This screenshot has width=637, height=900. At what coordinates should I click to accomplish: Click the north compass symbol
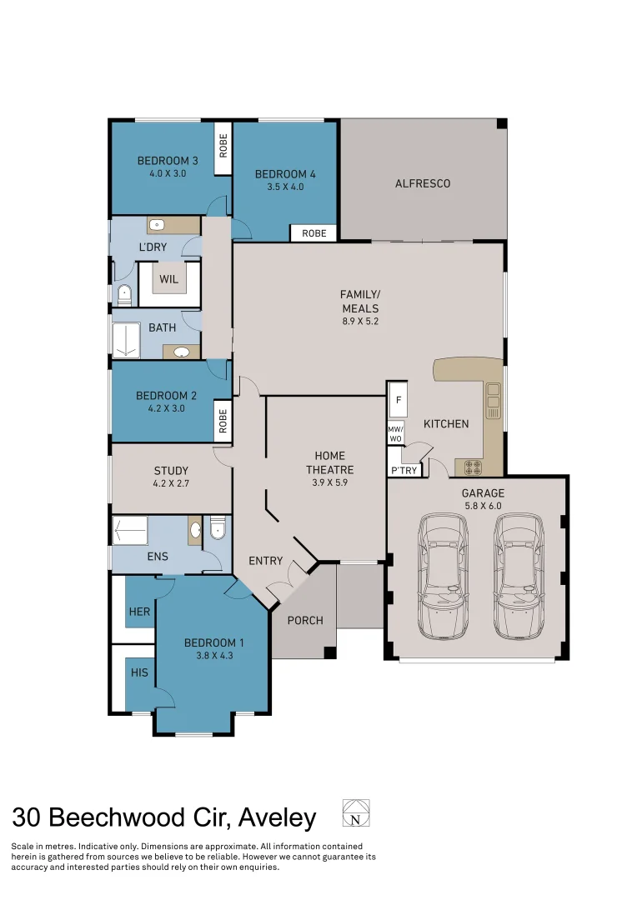(355, 812)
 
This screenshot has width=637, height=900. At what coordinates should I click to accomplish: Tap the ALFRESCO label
(422, 183)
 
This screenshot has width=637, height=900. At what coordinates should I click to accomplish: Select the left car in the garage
(443, 576)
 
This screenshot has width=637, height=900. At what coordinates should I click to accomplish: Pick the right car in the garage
(518, 576)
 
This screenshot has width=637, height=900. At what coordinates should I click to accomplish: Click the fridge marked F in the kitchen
(398, 399)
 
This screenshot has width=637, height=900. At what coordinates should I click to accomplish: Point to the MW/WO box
(395, 434)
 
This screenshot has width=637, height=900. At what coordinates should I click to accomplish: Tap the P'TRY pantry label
(404, 471)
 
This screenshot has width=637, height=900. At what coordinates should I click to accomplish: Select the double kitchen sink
(494, 400)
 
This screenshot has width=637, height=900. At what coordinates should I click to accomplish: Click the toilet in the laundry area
(124, 296)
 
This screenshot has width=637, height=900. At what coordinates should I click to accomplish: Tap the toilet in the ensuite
(217, 527)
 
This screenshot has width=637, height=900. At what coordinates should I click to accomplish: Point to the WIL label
(169, 279)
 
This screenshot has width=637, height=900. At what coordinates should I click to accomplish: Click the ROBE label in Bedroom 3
(223, 145)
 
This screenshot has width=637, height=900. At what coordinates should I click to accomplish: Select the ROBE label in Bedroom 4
(314, 233)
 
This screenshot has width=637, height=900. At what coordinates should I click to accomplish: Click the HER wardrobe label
(139, 612)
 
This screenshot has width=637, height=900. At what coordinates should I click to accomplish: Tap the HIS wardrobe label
(139, 672)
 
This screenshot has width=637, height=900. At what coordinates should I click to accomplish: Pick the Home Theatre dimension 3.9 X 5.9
(329, 482)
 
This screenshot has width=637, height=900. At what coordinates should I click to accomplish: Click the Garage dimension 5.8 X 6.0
(483, 506)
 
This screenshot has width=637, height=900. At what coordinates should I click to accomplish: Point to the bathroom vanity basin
(182, 352)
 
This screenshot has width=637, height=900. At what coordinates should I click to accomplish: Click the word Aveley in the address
(278, 818)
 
